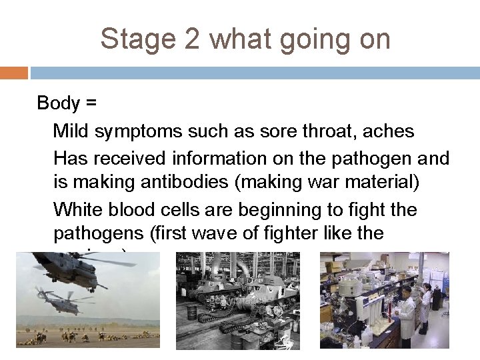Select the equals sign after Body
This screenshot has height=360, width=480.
click(89, 103)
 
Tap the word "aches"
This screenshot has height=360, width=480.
click(391, 131)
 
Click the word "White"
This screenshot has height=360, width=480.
click(75, 210)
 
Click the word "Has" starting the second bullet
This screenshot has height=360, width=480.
click(69, 159)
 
